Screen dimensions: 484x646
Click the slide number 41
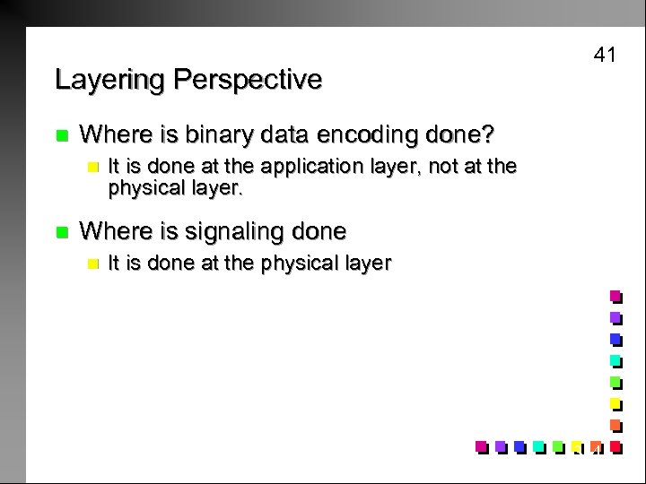605,56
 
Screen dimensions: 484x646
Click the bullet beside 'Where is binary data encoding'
61,135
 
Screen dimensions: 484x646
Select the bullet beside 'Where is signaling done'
61,232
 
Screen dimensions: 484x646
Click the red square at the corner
615,445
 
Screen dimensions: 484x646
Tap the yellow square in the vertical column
615,403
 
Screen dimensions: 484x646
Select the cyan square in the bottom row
538,445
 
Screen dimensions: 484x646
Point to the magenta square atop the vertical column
615,297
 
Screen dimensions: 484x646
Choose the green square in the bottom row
558,445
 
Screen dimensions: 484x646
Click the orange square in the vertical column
615,424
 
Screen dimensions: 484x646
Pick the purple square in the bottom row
500,445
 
